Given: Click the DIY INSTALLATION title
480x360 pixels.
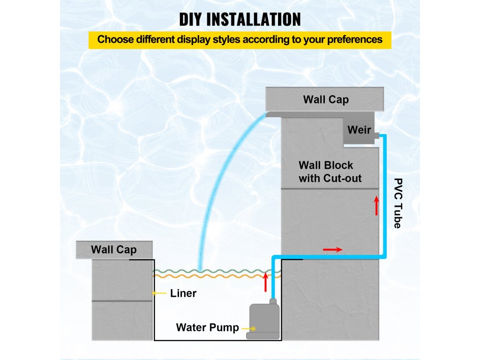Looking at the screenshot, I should click(x=240, y=19).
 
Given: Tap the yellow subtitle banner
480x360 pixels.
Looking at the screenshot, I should click(x=240, y=39).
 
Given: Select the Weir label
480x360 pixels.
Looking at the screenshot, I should click(x=359, y=130).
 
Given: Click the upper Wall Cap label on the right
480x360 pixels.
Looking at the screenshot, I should click(x=326, y=99).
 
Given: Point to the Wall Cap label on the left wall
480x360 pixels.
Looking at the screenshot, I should click(x=114, y=249).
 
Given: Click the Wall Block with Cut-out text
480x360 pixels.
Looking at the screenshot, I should click(x=330, y=172).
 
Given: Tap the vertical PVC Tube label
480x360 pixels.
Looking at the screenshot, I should click(x=397, y=203).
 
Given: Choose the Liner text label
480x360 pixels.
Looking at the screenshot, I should click(x=183, y=293).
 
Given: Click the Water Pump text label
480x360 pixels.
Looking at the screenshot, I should click(x=207, y=327).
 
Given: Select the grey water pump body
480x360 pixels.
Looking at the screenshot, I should click(x=264, y=317).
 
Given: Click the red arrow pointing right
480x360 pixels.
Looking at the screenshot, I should click(x=332, y=249).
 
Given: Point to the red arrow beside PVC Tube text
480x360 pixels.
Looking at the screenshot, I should click(x=376, y=206).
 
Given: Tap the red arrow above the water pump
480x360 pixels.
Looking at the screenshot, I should click(x=266, y=282).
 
